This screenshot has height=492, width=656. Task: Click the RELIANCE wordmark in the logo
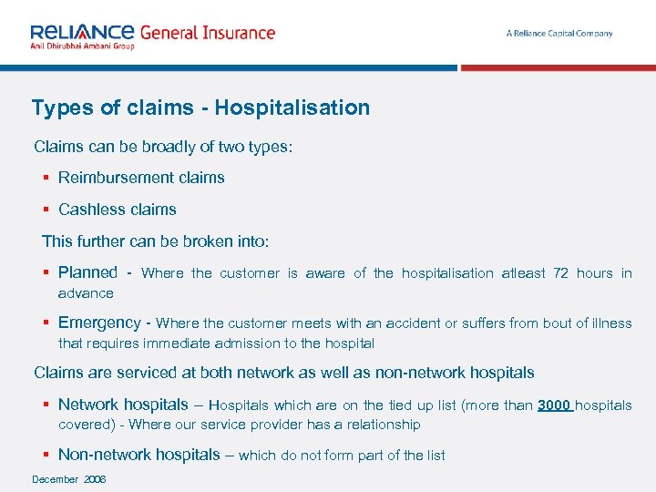[x=83, y=31]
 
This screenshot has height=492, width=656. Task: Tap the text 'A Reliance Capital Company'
[x=559, y=34]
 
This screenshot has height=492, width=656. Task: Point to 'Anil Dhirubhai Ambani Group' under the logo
[x=82, y=46]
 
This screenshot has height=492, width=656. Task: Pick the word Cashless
[x=88, y=210]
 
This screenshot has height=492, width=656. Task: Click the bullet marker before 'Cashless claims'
[x=46, y=210]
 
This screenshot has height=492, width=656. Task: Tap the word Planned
[x=87, y=272]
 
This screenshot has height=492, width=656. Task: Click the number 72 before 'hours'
[x=562, y=273]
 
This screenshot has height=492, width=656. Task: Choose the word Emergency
[x=99, y=323]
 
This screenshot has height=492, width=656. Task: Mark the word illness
[x=610, y=323]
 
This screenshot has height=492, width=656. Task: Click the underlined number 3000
[x=554, y=405]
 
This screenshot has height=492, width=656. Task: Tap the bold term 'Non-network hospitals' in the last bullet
[x=139, y=455]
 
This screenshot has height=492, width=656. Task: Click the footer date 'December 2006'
[x=69, y=479]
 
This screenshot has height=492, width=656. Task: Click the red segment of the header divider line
[x=558, y=67]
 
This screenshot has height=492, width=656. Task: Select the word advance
[x=86, y=293]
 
